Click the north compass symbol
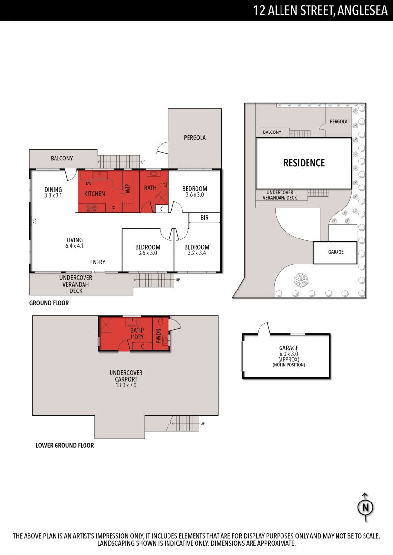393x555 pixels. (365, 507)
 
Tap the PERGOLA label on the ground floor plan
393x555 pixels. (195, 138)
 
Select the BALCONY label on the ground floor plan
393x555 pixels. (62, 158)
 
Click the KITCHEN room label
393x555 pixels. (95, 194)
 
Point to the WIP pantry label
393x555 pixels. (128, 188)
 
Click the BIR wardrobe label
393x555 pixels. (204, 218)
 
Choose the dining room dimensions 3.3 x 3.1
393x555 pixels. (53, 195)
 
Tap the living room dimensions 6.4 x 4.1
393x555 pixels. (74, 246)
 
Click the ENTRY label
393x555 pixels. (98, 262)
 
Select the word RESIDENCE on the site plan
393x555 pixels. (304, 163)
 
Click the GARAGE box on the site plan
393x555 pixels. (335, 252)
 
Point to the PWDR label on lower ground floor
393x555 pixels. (158, 336)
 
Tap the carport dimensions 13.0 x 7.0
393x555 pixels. (126, 385)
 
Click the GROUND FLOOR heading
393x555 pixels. (49, 303)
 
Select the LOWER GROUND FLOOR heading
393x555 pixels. (65, 445)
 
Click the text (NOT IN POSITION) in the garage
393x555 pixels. (288, 365)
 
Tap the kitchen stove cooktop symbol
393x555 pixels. (92, 208)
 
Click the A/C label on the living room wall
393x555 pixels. (35, 221)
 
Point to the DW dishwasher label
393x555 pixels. (88, 183)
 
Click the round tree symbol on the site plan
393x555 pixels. (301, 280)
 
